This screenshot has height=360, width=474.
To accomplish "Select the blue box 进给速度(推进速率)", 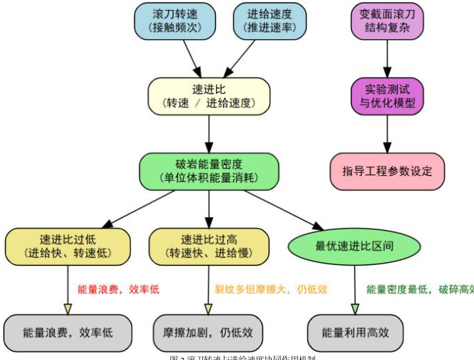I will coord(270,21).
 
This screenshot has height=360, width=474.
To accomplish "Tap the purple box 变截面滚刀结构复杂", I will coord(387,21).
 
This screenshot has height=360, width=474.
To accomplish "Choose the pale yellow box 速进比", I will coord(209,96).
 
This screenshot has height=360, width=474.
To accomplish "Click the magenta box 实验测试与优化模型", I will coord(387,96).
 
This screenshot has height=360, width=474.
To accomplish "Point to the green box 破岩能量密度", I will coord(209,171).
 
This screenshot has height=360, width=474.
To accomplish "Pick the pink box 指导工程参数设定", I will coord(387,171).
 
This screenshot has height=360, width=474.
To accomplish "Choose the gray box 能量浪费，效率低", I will coord(68,332).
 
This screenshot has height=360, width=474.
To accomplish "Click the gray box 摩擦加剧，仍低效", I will coord(209,332).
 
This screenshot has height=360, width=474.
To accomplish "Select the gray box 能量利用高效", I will coord(355,332).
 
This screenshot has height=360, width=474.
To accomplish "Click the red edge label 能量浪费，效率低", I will coord(118,289).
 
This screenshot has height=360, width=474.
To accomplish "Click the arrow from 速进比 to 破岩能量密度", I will coord(209,134).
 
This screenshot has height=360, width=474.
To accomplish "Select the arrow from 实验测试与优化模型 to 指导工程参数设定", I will coord(387,134).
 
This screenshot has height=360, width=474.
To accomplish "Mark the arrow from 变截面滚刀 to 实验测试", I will coord(387,59).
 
